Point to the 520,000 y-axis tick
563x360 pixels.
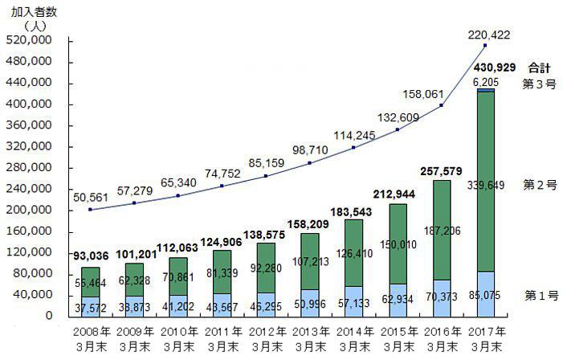pyautogui.click(x=29, y=40)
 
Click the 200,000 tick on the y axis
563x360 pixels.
pyautogui.click(x=29, y=210)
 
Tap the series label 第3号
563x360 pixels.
pyautogui.click(x=540, y=83)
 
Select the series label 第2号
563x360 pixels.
pyautogui.click(x=540, y=186)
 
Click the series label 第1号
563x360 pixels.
pyautogui.click(x=540, y=296)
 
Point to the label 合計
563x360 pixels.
pyautogui.click(x=538, y=67)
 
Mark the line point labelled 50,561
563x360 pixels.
pyautogui.click(x=89, y=209)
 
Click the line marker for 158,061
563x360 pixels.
pyautogui.click(x=441, y=105)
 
